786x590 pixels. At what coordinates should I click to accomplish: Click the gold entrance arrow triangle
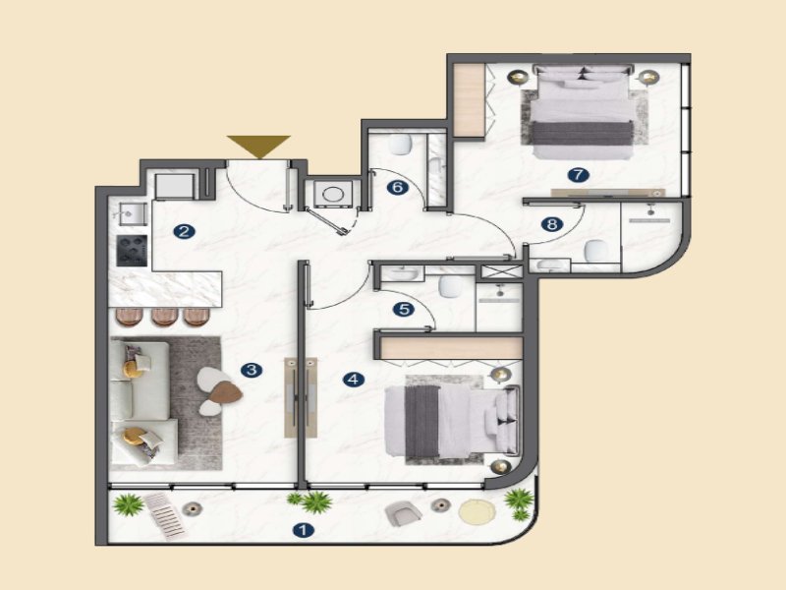[x=258, y=145]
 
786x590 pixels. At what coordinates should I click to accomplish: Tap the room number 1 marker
[x=303, y=530]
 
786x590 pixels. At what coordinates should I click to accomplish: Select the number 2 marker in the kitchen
[x=184, y=231]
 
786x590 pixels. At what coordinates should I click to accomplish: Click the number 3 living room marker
[x=252, y=371]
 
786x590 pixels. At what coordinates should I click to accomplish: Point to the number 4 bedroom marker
[x=354, y=380]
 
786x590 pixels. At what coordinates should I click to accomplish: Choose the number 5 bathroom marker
[x=404, y=310]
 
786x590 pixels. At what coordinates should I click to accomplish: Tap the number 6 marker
[x=397, y=188]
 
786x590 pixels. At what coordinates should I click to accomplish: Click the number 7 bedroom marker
[x=578, y=175]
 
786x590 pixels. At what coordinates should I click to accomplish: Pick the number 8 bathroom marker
[x=552, y=224]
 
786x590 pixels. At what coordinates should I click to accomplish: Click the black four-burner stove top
[x=133, y=251]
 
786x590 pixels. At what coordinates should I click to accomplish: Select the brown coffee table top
[x=226, y=392]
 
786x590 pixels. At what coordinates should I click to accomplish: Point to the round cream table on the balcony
[x=477, y=511]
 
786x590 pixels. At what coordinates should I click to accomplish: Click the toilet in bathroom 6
[x=400, y=145]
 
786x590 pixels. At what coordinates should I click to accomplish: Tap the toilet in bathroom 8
[x=595, y=251]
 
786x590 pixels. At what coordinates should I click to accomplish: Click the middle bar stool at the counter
[x=164, y=317]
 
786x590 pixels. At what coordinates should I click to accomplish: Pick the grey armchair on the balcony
[x=403, y=513]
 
